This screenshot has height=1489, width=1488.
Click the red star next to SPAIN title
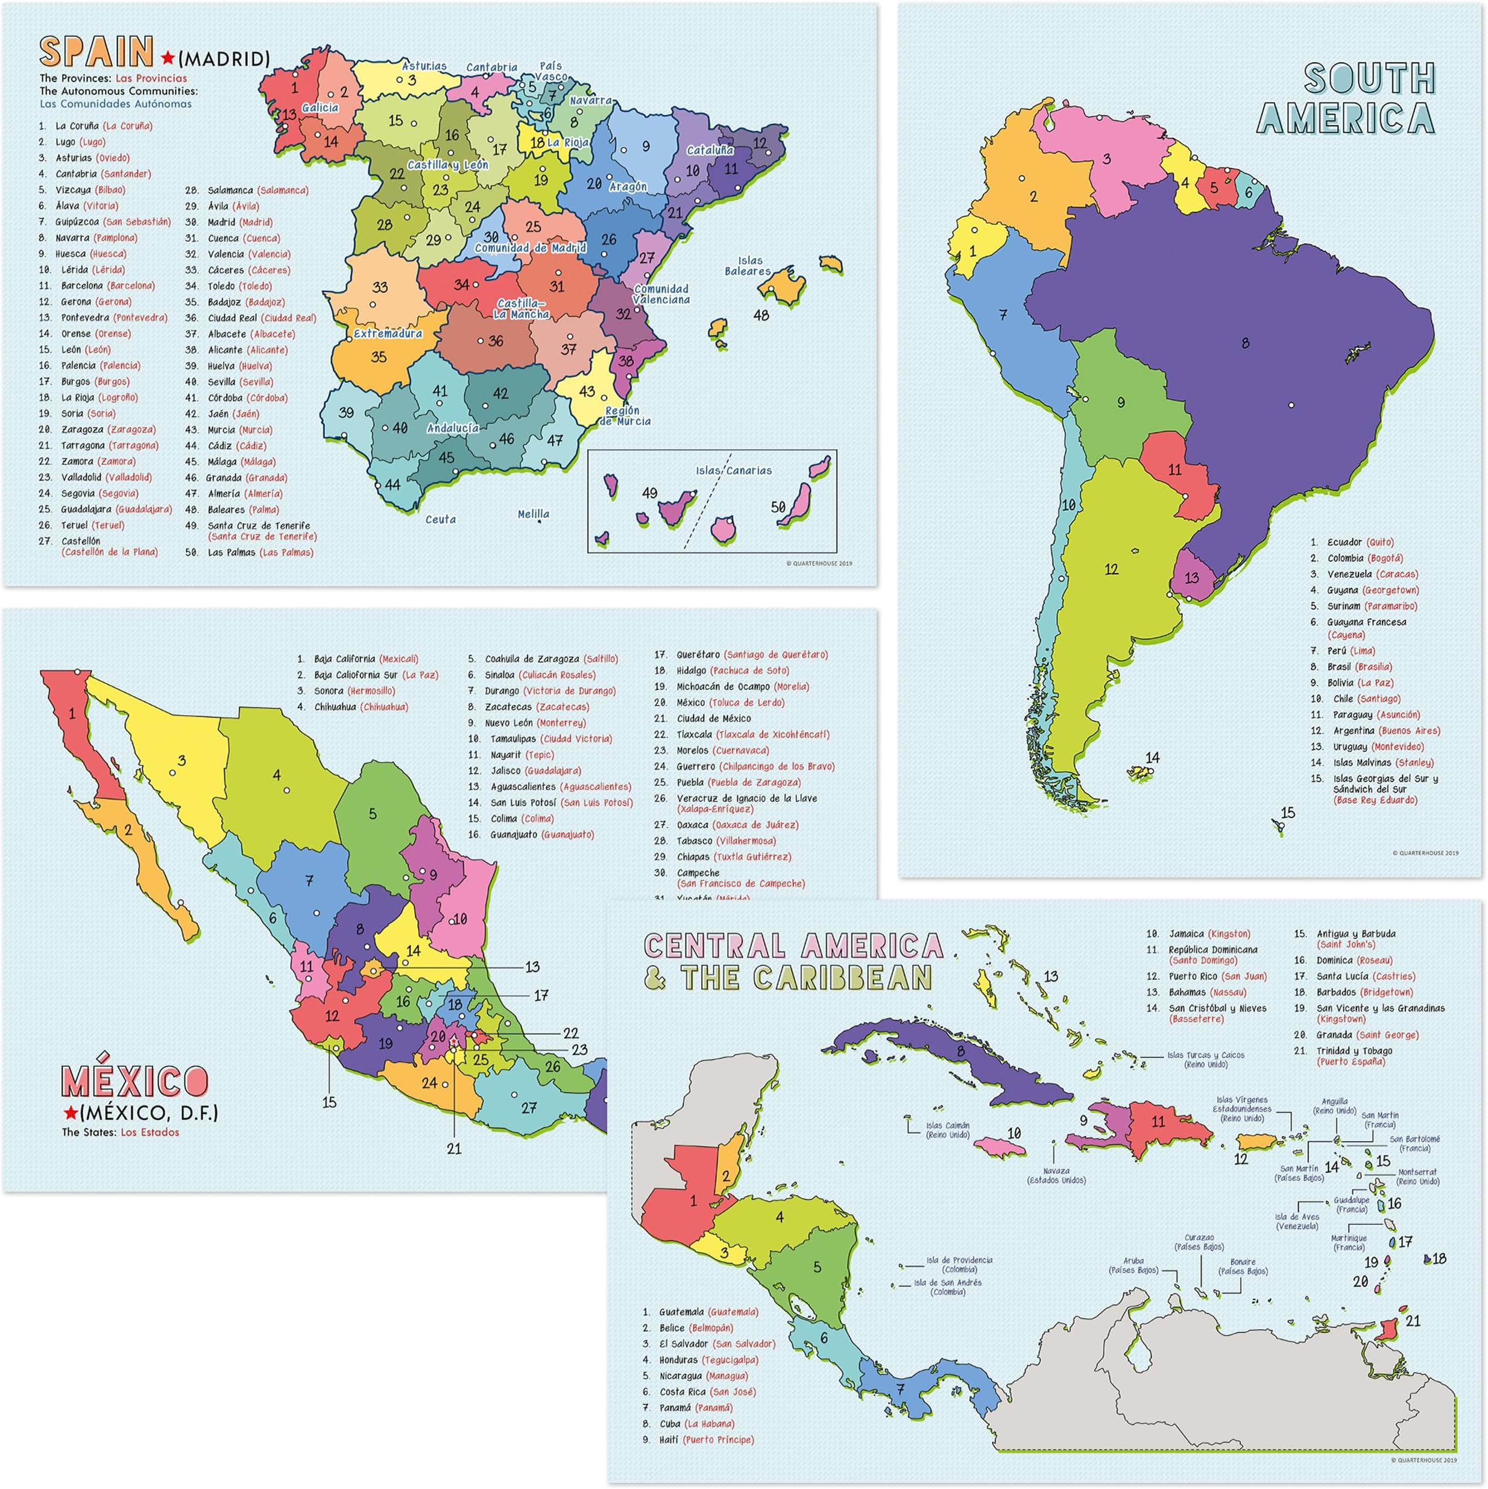(166, 58)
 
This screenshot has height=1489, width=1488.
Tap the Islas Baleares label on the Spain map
(748, 267)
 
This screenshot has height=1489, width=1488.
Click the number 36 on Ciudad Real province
(496, 341)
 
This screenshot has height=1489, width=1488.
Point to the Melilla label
(533, 514)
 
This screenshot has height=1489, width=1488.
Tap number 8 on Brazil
(1245, 344)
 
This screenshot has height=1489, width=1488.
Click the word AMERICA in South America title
(1345, 119)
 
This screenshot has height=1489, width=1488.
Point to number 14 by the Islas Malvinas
(1152, 757)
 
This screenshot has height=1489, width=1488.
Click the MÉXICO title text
(135, 1081)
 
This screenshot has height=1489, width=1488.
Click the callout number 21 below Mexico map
(454, 1149)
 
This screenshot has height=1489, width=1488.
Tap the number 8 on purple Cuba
(960, 1051)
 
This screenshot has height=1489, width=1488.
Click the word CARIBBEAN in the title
(842, 978)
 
